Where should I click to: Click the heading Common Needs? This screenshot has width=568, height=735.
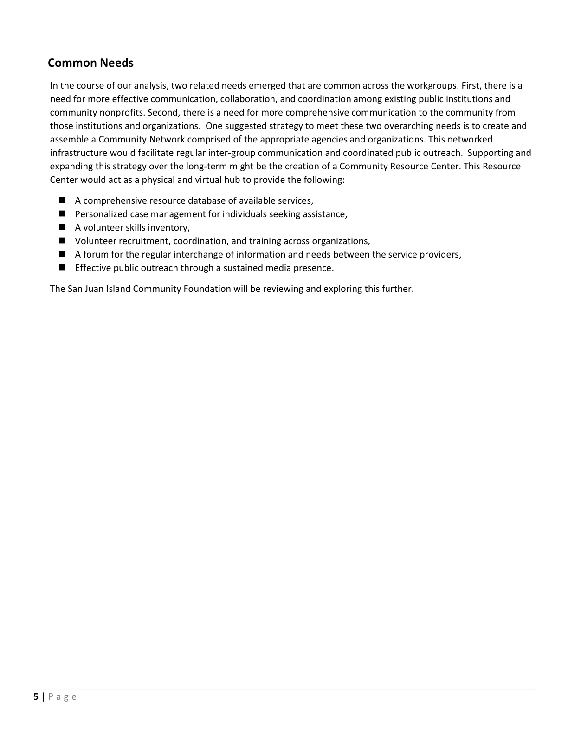90,63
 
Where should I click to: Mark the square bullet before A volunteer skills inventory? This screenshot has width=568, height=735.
63,227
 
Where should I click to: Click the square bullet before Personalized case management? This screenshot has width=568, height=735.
63,214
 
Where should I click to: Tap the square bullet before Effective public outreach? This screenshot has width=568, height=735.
63,268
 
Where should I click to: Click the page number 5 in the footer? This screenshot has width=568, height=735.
36,696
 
